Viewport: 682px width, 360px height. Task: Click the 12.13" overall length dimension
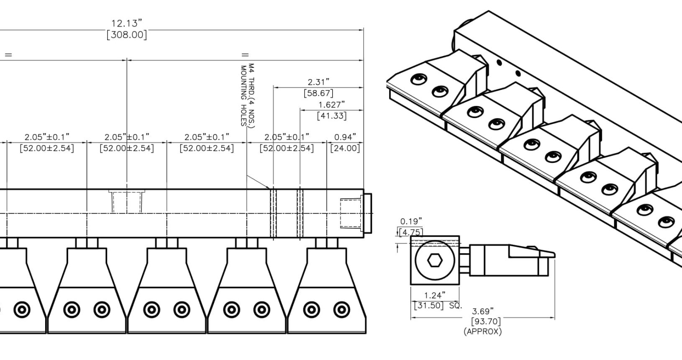pyautogui.click(x=127, y=23)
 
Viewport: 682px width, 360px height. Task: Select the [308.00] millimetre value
pyautogui.click(x=127, y=34)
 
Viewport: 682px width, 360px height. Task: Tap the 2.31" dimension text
pyautogui.click(x=318, y=82)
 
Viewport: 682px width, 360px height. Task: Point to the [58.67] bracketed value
pyautogui.click(x=318, y=93)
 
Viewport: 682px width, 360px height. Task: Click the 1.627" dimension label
pyautogui.click(x=332, y=105)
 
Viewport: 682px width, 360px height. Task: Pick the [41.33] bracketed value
pyautogui.click(x=332, y=115)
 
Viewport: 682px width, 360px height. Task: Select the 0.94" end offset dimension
pyautogui.click(x=345, y=137)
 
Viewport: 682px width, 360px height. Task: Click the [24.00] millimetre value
pyautogui.click(x=345, y=148)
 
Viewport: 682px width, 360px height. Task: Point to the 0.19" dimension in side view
pyautogui.click(x=411, y=221)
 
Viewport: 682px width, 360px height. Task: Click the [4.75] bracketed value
pyautogui.click(x=411, y=232)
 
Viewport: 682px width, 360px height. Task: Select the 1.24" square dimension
pyautogui.click(x=435, y=296)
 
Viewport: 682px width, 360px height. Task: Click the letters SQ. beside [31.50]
pyautogui.click(x=455, y=306)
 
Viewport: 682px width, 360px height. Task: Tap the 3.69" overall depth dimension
pyautogui.click(x=483, y=311)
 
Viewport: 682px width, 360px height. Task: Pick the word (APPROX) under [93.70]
pyautogui.click(x=482, y=332)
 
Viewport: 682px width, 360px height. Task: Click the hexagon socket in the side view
pyautogui.click(x=435, y=261)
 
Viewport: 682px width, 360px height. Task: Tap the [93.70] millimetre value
pyautogui.click(x=486, y=321)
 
